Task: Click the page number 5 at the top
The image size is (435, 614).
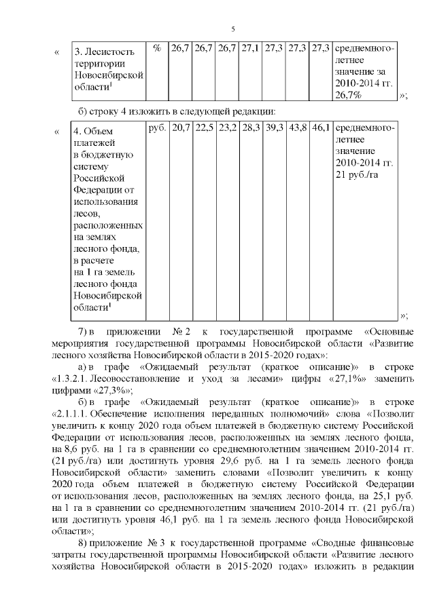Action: tap(233, 29)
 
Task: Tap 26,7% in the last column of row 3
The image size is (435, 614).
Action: tap(349, 96)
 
